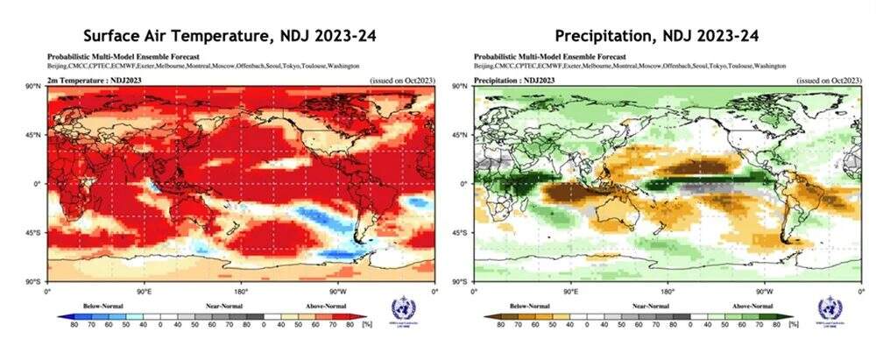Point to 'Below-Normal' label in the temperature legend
pyautogui.click(x=102, y=305)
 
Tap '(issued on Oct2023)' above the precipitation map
pyautogui.click(x=828, y=80)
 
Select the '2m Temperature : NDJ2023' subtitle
pyautogui.click(x=84, y=80)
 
